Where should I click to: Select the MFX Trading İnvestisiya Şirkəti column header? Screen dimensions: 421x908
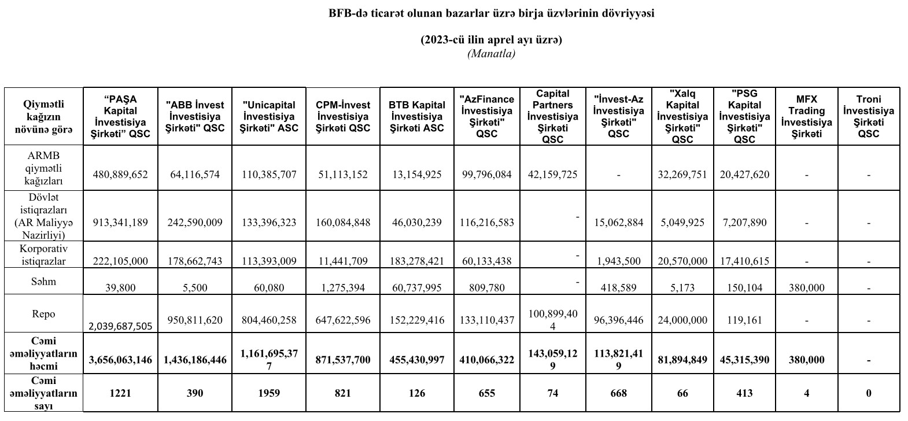(806, 116)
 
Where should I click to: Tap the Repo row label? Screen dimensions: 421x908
(44, 314)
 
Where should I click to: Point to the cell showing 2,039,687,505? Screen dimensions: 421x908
(120, 326)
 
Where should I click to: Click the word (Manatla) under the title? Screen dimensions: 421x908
(491, 54)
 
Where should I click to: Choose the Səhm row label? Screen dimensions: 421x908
(44, 282)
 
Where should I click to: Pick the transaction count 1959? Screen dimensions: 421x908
(269, 393)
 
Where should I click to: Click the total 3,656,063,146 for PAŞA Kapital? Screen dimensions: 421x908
(120, 360)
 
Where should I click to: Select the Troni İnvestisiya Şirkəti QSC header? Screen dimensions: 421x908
(868, 116)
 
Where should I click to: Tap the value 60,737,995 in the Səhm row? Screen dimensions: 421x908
(416, 287)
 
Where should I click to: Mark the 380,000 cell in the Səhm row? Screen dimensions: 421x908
(806, 287)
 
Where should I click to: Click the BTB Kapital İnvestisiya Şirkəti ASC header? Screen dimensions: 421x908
(416, 116)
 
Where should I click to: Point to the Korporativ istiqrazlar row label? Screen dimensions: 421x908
(44, 255)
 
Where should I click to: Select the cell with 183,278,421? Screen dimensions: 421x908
(416, 261)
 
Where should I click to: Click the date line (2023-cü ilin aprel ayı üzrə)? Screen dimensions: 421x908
(491, 40)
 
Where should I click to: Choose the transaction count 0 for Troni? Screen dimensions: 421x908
(868, 393)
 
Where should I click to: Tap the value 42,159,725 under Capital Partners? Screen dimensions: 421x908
(552, 174)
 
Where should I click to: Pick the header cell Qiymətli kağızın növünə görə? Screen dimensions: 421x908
(44, 116)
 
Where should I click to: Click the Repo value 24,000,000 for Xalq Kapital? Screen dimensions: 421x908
(682, 320)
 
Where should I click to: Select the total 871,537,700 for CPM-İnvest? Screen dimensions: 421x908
(343, 360)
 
